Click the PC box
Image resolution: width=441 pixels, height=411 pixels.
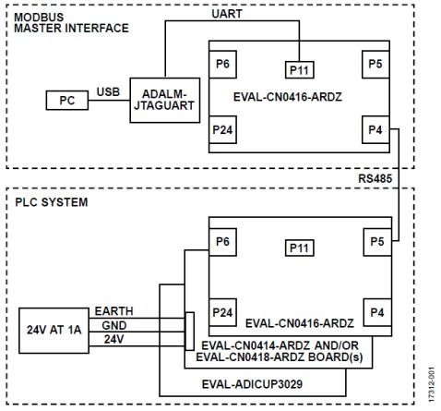[x=67, y=100]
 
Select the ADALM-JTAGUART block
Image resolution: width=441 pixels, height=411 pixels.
[x=165, y=100]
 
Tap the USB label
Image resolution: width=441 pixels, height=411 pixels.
[x=108, y=92]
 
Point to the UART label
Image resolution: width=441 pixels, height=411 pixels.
[x=227, y=14]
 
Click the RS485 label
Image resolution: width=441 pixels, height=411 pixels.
[x=375, y=178]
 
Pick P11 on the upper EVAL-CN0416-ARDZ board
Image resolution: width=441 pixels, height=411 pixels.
[x=300, y=70]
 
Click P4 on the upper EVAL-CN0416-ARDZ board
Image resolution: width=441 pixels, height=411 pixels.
[x=375, y=129]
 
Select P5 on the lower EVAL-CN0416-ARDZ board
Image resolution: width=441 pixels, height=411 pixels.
[x=377, y=242]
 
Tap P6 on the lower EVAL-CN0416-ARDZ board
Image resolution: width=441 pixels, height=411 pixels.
[x=222, y=242]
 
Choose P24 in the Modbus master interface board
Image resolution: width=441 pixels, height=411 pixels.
[x=222, y=129]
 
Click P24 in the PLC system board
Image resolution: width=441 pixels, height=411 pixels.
[x=222, y=312]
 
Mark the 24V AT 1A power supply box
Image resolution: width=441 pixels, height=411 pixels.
[x=54, y=331]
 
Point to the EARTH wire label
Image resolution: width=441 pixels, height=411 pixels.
[x=113, y=311]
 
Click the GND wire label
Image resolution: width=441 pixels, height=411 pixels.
[x=114, y=325]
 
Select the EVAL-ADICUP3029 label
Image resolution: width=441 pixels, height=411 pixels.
[x=252, y=384]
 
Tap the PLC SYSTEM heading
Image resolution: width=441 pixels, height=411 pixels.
[x=52, y=202]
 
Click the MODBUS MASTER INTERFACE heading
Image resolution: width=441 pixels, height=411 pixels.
[x=71, y=22]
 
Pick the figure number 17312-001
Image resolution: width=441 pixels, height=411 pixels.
[x=432, y=384]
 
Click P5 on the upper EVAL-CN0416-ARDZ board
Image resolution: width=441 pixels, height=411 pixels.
[x=375, y=65]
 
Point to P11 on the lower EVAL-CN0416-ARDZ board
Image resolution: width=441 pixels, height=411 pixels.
[x=300, y=248]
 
